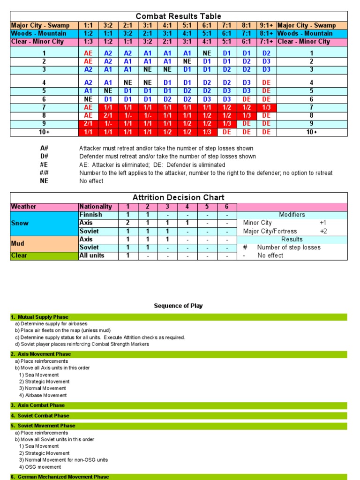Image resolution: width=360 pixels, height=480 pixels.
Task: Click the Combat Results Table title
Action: pos(179,16)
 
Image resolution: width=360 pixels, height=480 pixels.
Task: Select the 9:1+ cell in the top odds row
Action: pos(267,25)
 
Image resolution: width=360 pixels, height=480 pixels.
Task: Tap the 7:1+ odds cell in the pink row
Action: pos(267,41)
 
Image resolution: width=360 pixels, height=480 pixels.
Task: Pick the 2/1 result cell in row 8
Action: pos(108,115)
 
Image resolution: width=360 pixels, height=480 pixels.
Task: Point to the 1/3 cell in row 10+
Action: pos(207,132)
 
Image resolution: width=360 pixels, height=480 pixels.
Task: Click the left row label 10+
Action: pos(44,132)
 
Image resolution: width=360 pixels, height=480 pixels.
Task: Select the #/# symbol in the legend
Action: pos(44,173)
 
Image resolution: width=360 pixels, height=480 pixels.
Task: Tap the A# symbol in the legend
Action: pos(44,149)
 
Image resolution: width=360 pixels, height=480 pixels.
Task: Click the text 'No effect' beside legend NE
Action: pos(92,181)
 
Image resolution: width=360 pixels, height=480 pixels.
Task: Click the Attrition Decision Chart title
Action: pos(179,197)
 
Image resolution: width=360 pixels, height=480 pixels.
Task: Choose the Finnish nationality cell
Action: pos(90,215)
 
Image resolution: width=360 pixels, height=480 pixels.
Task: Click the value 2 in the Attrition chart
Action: pos(127,223)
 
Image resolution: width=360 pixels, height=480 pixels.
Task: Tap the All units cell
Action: pos(92,255)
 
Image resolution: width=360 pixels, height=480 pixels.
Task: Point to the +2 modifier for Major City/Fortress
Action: pos(323,231)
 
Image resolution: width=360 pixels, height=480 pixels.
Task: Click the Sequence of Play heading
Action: pos(178,306)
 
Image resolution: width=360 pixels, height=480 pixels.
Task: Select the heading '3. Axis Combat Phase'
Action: pos(37,405)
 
